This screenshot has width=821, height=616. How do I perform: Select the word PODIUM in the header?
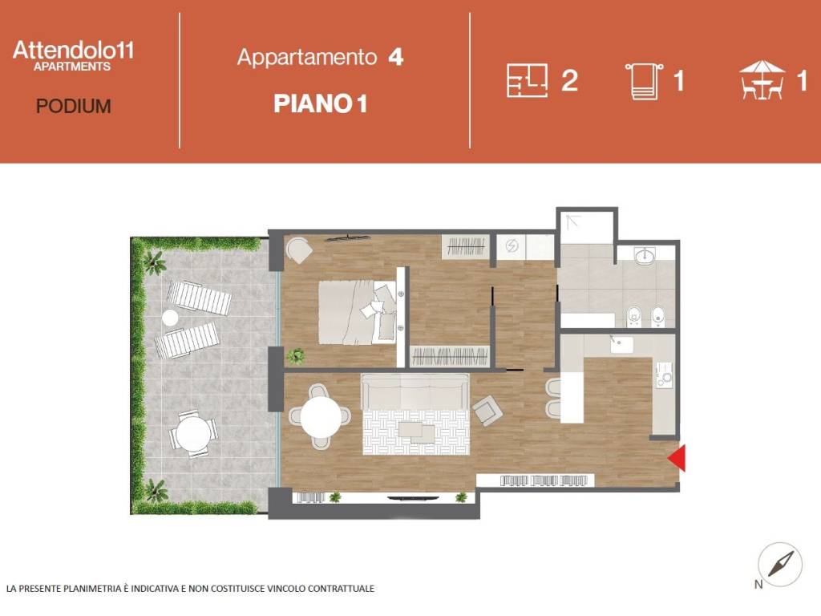coord(73,106)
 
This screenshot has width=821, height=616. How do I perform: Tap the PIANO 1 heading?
coord(320,103)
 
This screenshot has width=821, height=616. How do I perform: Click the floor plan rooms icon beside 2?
coord(527,80)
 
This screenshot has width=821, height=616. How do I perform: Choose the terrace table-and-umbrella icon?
coord(762,80)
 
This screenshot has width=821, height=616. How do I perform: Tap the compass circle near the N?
coord(780,564)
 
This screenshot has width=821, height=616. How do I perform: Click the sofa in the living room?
coord(415,392)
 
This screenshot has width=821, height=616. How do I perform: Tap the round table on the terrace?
coord(193,434)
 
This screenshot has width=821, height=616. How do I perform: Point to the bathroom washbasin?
coord(644,257)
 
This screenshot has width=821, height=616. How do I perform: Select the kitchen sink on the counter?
coord(621,345)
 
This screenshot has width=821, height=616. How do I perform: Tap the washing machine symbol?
coord(512,247)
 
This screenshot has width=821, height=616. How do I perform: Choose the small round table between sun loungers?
coord(170,318)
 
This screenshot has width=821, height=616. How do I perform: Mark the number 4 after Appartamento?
coord(394,58)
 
